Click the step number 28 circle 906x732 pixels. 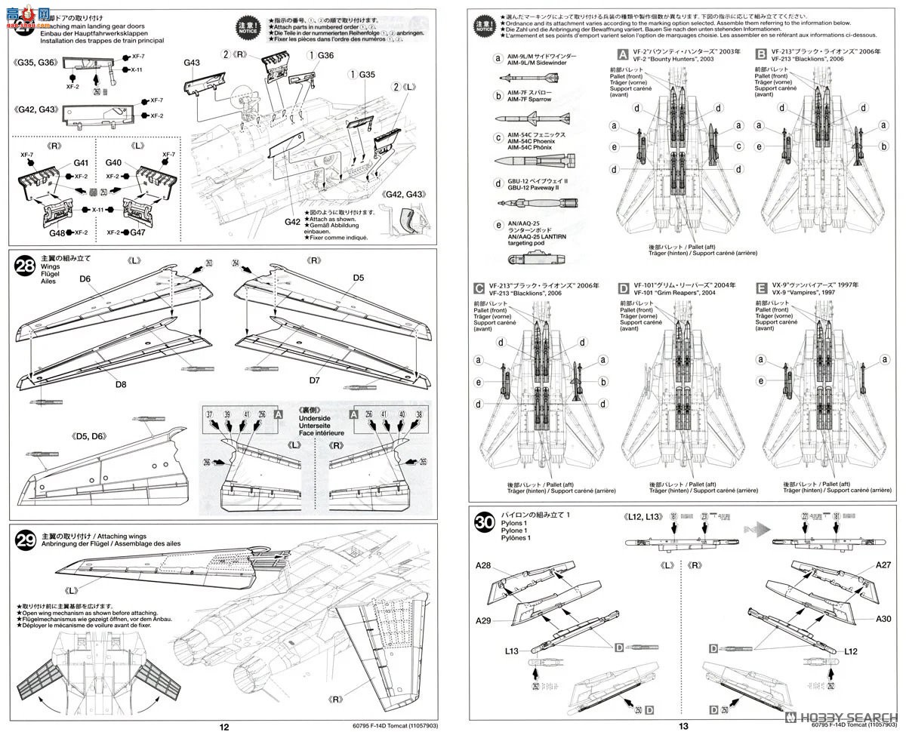(25, 265)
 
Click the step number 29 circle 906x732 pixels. (25, 540)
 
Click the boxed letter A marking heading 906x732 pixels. (623, 54)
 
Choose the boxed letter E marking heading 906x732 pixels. (761, 287)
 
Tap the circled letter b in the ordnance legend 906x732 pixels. (498, 95)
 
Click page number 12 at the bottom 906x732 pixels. (223, 726)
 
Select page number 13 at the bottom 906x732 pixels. (683, 726)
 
